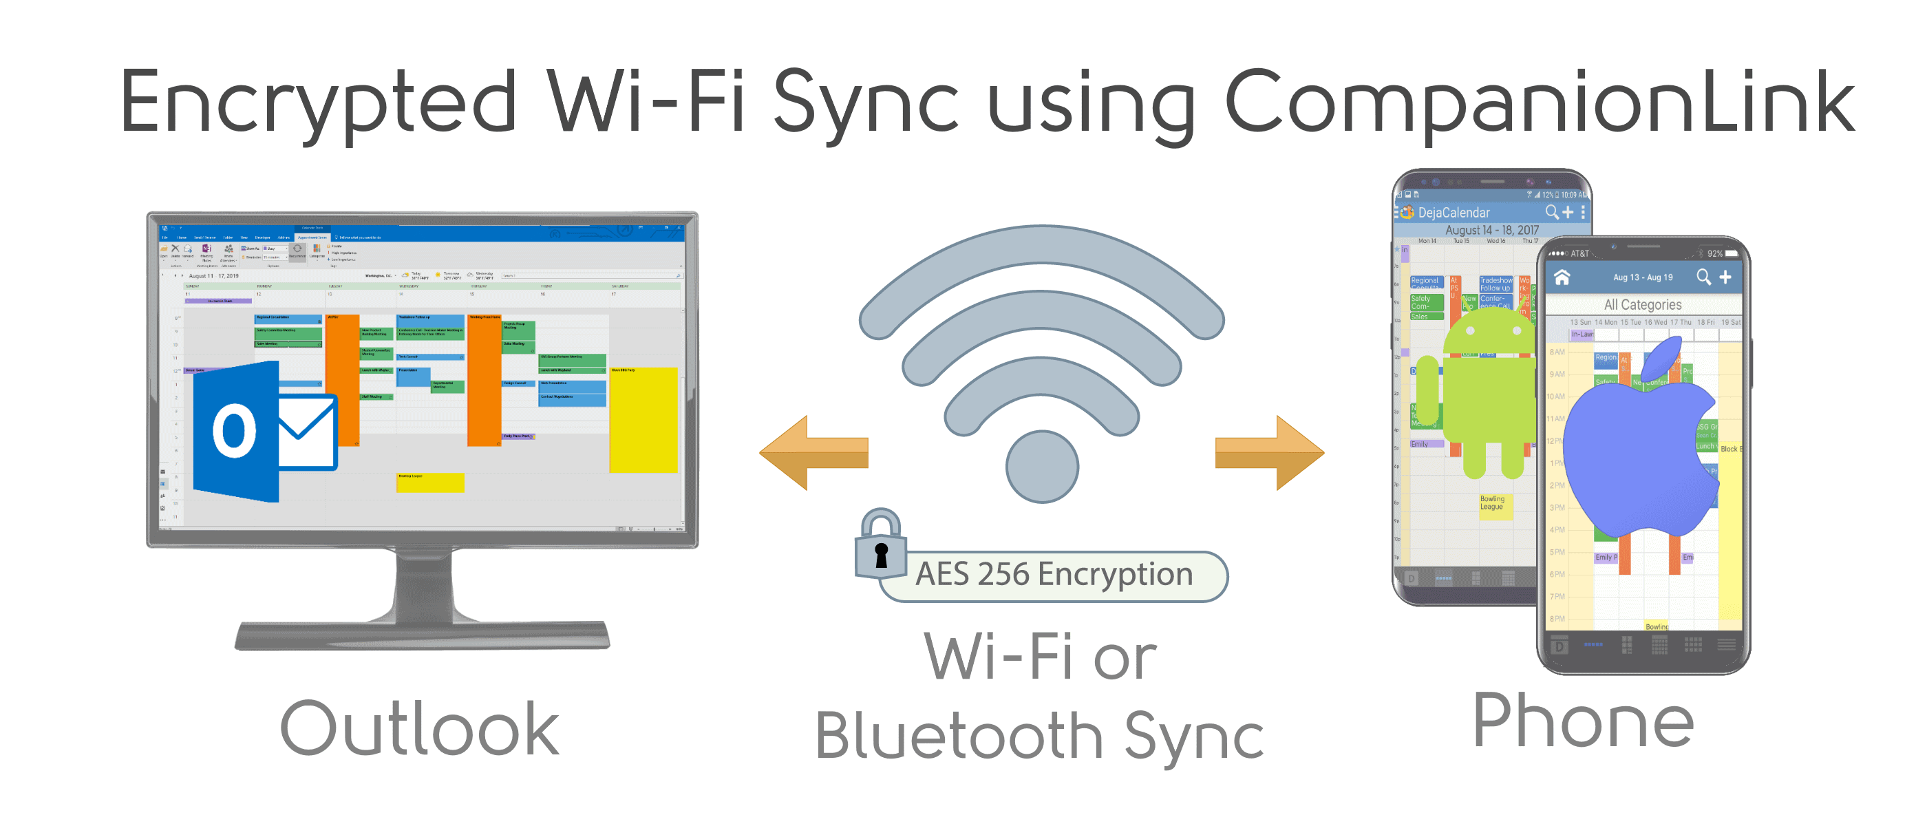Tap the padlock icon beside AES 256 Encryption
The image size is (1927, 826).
click(880, 545)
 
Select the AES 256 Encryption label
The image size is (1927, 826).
click(1053, 575)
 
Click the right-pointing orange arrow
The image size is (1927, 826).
click(1270, 453)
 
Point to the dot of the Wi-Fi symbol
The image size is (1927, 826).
click(1041, 466)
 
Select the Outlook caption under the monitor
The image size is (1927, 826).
click(419, 729)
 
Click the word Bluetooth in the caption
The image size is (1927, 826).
click(958, 737)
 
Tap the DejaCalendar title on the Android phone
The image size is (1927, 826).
click(1454, 213)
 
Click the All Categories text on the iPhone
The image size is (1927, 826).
click(1642, 304)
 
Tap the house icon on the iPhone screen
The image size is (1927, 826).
click(1562, 277)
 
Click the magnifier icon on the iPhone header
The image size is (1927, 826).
click(1703, 277)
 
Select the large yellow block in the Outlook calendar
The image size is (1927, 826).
click(643, 419)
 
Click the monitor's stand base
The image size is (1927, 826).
click(422, 635)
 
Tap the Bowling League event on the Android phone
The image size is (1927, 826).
click(1492, 502)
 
